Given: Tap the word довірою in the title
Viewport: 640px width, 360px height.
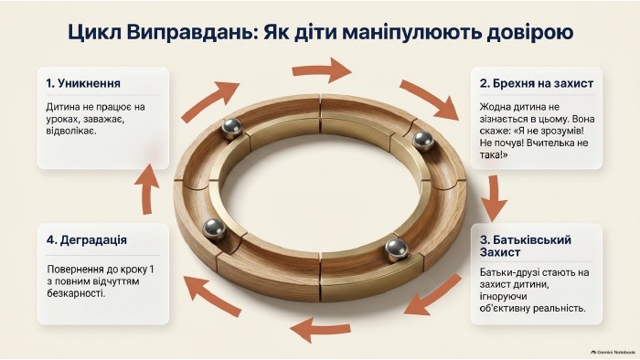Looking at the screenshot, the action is click(x=530, y=33).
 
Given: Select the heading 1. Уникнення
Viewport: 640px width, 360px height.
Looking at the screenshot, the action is click(x=83, y=83).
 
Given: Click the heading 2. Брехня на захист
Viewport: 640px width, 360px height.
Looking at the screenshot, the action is click(x=537, y=83).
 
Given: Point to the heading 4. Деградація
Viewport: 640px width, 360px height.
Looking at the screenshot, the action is click(x=87, y=240).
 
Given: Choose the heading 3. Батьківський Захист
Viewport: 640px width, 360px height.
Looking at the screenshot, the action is click(x=526, y=246).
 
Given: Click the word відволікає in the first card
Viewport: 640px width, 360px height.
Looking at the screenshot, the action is click(x=71, y=132).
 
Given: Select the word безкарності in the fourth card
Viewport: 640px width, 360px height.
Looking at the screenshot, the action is click(x=76, y=293).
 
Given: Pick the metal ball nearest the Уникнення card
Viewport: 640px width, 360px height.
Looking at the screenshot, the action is click(x=232, y=128).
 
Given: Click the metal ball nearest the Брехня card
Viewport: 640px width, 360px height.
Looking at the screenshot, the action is click(x=422, y=140).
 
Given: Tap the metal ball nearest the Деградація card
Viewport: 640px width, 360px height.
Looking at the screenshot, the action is click(x=214, y=228).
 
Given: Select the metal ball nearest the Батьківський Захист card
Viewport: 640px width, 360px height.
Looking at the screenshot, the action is click(x=396, y=249).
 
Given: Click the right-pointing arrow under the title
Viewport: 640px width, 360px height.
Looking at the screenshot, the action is click(x=322, y=69).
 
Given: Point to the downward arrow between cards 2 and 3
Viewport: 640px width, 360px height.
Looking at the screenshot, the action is click(x=494, y=199).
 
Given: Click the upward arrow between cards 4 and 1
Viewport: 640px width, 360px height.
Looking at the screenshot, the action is click(x=147, y=189).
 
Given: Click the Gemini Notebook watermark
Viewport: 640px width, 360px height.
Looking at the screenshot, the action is click(x=613, y=352).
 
